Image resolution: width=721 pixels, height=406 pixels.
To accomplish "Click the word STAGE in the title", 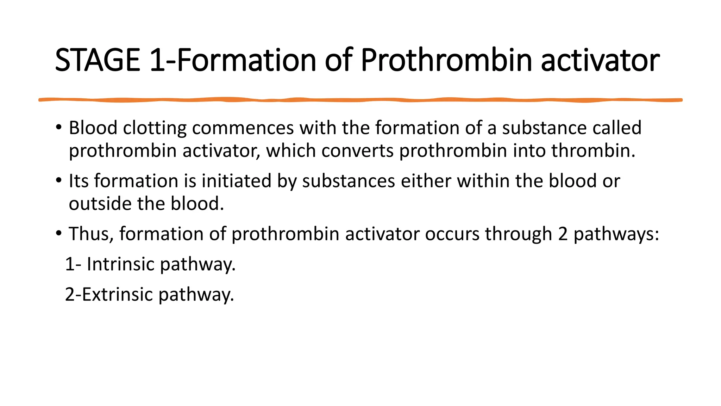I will click(x=98, y=60).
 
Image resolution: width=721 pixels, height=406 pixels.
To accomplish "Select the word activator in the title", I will click(x=600, y=60).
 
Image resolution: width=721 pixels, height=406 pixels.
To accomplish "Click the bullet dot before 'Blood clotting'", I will click(x=58, y=127).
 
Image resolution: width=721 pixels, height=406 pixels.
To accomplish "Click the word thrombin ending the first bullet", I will click(x=593, y=150).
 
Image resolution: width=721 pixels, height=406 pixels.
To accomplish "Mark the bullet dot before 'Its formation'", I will click(x=58, y=180).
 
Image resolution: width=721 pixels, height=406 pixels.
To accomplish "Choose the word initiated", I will click(x=236, y=181).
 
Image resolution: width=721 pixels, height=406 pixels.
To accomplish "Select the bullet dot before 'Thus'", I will click(x=58, y=233).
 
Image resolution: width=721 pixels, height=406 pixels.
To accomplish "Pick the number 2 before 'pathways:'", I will click(x=563, y=234).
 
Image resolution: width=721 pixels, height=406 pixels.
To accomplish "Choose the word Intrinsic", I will click(x=120, y=264).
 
